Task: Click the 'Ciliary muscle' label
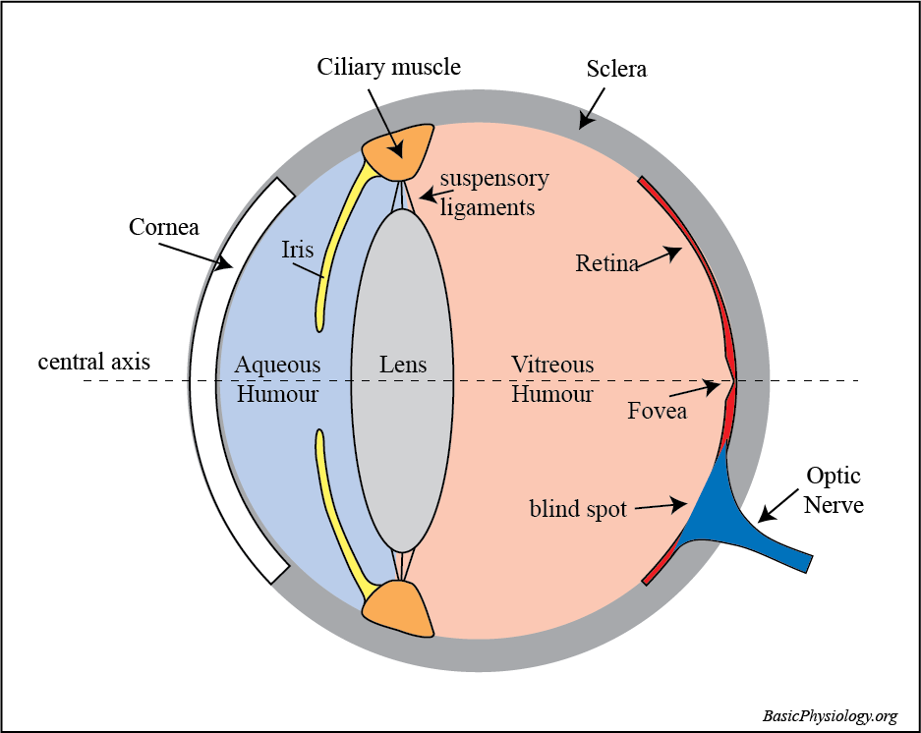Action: coord(388,68)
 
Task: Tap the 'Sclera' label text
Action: coord(616,70)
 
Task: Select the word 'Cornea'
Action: coord(164,228)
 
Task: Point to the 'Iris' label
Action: coord(297,249)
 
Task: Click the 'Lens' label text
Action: coord(403,366)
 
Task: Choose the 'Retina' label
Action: coord(606,263)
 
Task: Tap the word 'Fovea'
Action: coord(657,411)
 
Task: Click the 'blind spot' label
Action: coord(578,510)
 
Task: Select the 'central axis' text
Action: coord(94,362)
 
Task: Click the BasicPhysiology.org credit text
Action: coord(830,715)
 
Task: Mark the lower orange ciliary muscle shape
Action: coord(398,607)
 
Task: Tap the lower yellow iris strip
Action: coord(339,511)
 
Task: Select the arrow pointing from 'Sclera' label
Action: coord(591,107)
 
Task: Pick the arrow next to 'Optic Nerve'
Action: coord(778,505)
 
